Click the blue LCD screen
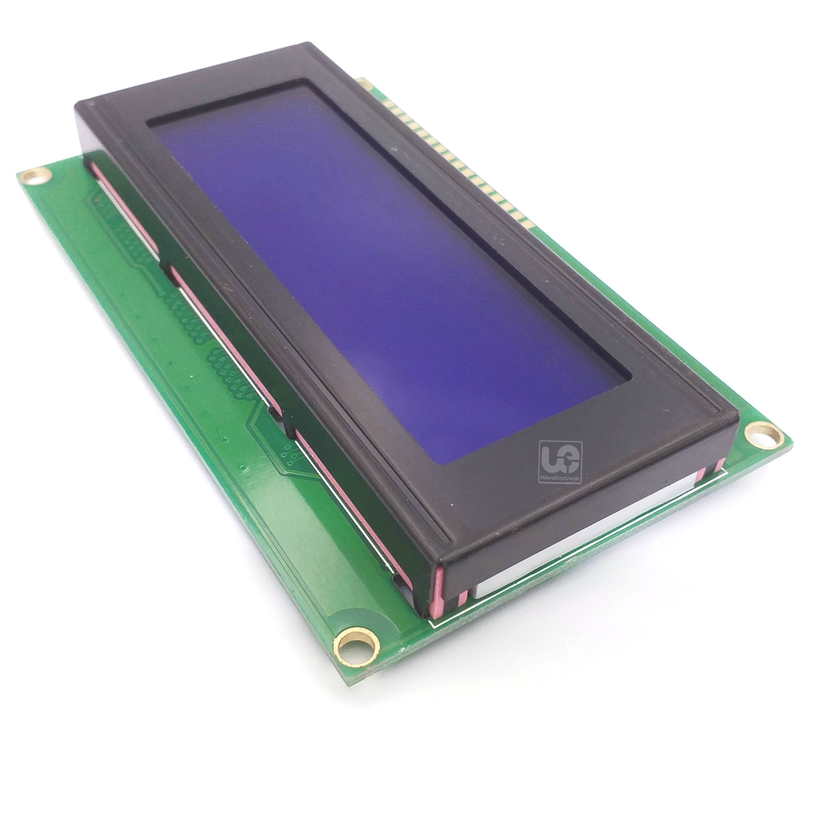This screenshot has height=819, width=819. pyautogui.click(x=382, y=271)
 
